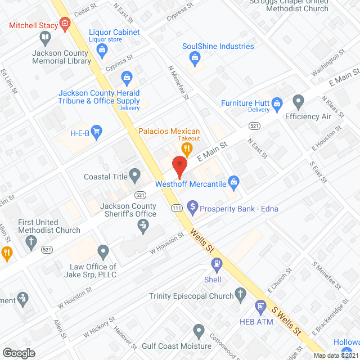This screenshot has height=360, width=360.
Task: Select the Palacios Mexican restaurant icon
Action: [187, 148]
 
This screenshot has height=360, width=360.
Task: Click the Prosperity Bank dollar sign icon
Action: [192, 208]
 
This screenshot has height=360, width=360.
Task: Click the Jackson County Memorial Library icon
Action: [45, 38]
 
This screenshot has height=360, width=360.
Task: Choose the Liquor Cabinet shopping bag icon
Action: [102, 49]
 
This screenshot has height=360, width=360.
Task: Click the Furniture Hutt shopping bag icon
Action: [276, 103]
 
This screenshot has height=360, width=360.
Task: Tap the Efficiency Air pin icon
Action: [298, 102]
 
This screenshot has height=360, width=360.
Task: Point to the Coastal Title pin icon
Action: [135, 176]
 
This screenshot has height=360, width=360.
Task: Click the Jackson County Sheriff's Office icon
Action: [143, 226]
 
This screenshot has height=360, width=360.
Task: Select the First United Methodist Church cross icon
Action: [31, 242]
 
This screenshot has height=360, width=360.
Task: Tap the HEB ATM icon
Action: [259, 307]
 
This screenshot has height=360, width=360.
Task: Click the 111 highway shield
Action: [176, 208]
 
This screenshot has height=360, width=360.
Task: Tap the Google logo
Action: [19, 353]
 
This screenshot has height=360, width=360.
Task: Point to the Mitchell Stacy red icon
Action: [65, 24]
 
